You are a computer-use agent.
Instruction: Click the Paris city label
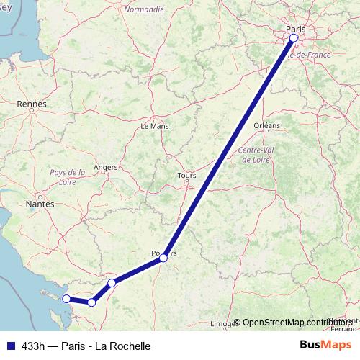[x=295, y=29]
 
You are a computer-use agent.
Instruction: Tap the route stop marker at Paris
[x=294, y=37]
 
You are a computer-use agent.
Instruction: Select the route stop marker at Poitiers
[x=164, y=257]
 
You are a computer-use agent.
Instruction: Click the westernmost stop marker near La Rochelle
[x=66, y=298]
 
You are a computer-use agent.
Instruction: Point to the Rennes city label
[x=31, y=104]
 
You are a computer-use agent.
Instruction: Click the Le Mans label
[x=154, y=125]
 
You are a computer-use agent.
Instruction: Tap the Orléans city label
[x=266, y=125]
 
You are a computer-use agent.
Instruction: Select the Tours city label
[x=186, y=175]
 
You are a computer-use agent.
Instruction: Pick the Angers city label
[x=106, y=167]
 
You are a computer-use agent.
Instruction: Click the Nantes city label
[x=40, y=204]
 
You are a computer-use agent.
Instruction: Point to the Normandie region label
[x=144, y=9]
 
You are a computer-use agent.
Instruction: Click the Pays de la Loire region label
[x=68, y=177]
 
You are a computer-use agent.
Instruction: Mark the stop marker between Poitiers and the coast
[x=112, y=283]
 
